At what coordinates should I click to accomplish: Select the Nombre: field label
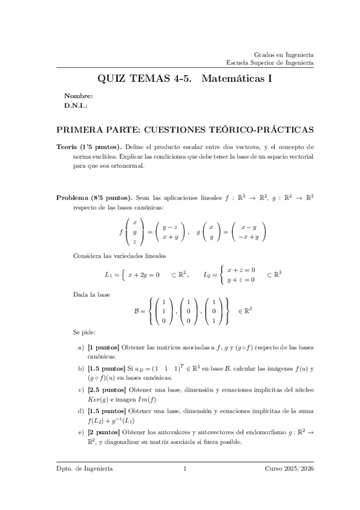click(x=78, y=96)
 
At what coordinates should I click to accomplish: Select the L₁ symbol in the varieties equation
click(x=109, y=275)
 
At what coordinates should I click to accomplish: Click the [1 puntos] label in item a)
click(x=103, y=348)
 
